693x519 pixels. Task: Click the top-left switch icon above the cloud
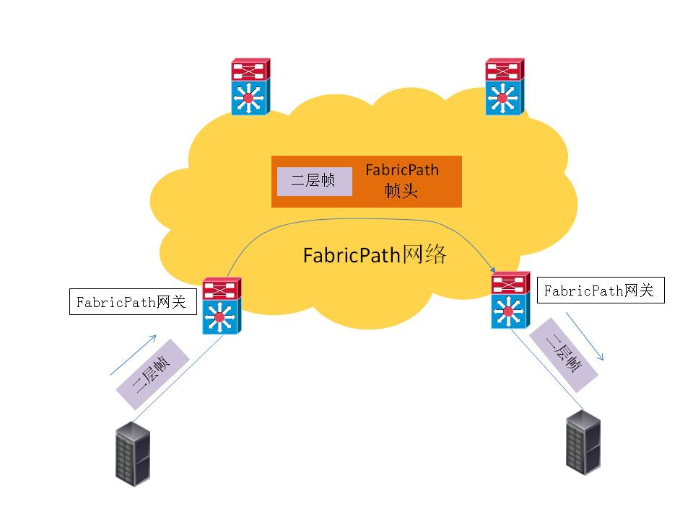[250, 86]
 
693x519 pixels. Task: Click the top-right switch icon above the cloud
[505, 86]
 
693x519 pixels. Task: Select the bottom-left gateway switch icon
[221, 306]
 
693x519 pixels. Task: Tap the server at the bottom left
[134, 455]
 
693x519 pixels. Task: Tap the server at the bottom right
[584, 441]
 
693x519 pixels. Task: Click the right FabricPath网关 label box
[600, 290]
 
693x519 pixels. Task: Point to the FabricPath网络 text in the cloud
[375, 255]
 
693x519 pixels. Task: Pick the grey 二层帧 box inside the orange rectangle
[314, 181]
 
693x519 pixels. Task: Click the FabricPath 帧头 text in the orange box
[401, 181]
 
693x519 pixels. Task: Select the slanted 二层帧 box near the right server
[564, 354]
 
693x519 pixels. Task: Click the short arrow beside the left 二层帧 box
[133, 355]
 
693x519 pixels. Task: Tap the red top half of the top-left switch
[250, 71]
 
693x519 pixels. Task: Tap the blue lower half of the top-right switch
[505, 97]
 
